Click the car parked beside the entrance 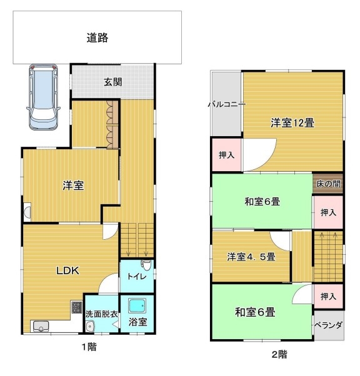tap(43, 97)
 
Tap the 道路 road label tap(97, 37)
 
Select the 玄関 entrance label tap(112, 82)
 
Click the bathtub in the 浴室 tap(137, 306)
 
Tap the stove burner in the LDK tap(77, 307)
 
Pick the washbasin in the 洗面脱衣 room tap(90, 327)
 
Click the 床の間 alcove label tap(328, 184)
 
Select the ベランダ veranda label tap(328, 325)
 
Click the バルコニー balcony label tap(227, 104)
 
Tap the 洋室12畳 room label tap(292, 123)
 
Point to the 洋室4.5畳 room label tap(251, 257)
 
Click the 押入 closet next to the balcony tap(226, 155)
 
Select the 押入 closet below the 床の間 tap(328, 212)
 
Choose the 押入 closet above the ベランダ tap(328, 297)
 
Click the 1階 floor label tap(89, 347)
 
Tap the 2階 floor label tap(279, 354)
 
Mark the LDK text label tap(67, 270)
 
